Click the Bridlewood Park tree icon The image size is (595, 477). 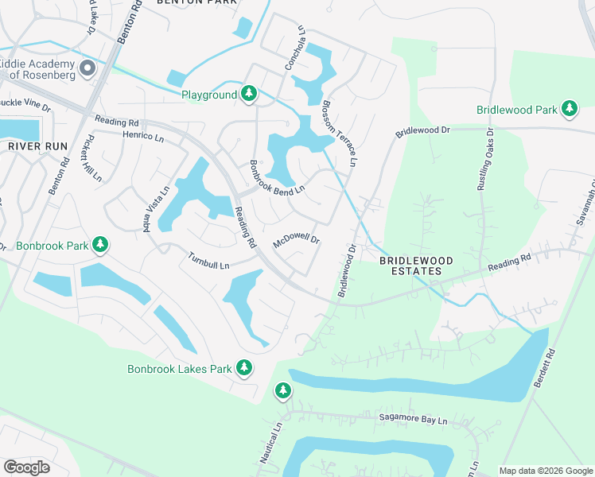point(569,109)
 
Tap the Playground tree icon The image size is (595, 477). point(249,95)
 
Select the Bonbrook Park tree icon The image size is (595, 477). point(100,244)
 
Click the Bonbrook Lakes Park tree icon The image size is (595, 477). point(244,367)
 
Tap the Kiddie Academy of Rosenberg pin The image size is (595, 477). point(87,68)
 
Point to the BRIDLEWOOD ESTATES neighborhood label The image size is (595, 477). point(410,266)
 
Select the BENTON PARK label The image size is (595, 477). point(197,3)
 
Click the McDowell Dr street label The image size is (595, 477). point(296,240)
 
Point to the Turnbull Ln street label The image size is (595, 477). point(208,259)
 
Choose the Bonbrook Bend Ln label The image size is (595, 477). point(277,177)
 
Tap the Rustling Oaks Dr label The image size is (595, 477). point(484,159)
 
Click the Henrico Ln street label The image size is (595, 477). point(143,137)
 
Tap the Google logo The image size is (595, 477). point(26,467)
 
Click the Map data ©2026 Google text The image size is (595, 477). point(546,471)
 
